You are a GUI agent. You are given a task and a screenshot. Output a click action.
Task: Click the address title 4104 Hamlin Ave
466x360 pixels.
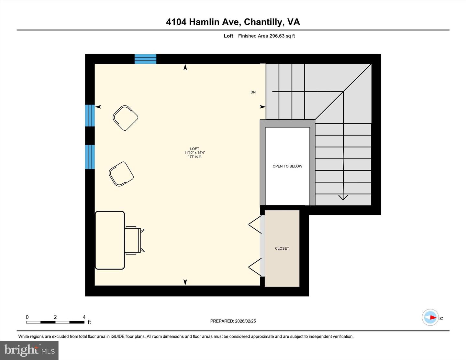(x=233, y=22)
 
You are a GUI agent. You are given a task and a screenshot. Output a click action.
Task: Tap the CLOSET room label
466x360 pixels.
(x=282, y=248)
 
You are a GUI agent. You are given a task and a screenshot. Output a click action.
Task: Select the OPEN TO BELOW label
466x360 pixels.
(x=287, y=166)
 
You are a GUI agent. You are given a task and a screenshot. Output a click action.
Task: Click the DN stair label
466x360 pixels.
(x=253, y=92)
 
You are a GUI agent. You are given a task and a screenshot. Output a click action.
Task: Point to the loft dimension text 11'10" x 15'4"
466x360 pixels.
(x=194, y=153)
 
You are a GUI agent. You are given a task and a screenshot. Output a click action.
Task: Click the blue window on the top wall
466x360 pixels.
(x=145, y=59)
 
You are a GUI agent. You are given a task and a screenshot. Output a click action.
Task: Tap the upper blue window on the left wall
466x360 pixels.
(x=90, y=115)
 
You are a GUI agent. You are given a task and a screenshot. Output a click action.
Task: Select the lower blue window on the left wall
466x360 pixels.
(x=90, y=157)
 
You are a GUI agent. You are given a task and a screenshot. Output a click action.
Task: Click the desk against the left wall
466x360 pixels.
(x=110, y=240)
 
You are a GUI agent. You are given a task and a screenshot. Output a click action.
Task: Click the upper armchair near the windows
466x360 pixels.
(x=126, y=118)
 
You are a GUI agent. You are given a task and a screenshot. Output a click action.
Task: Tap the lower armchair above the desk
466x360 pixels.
(x=121, y=174)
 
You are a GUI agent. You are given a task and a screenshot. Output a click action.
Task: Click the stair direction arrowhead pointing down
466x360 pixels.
(x=343, y=197)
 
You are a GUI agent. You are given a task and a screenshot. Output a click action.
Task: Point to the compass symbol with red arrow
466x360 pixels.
(x=430, y=317)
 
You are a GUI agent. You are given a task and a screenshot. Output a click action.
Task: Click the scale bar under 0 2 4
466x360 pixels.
(x=55, y=322)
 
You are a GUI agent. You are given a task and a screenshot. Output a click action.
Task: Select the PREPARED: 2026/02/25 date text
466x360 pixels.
(x=233, y=321)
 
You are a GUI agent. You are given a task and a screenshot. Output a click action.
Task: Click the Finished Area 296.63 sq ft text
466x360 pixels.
(x=266, y=36)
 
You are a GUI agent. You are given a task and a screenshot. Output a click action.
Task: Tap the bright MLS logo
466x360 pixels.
(x=29, y=350)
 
